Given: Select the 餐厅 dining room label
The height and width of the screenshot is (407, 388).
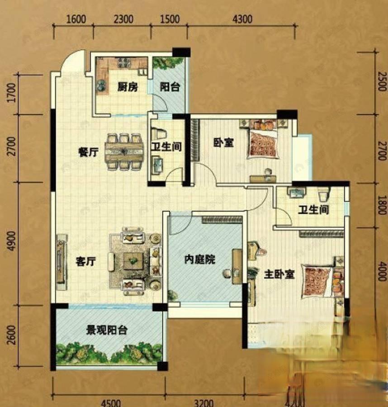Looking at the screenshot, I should point(88,152).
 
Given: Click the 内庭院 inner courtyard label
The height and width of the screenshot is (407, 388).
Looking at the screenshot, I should point(199,260).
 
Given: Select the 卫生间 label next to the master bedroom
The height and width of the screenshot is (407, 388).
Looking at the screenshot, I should point(313,210).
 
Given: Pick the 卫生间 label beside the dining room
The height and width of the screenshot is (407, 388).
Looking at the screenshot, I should point(166,147).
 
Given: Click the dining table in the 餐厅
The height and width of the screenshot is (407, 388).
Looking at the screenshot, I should point(124,151).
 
